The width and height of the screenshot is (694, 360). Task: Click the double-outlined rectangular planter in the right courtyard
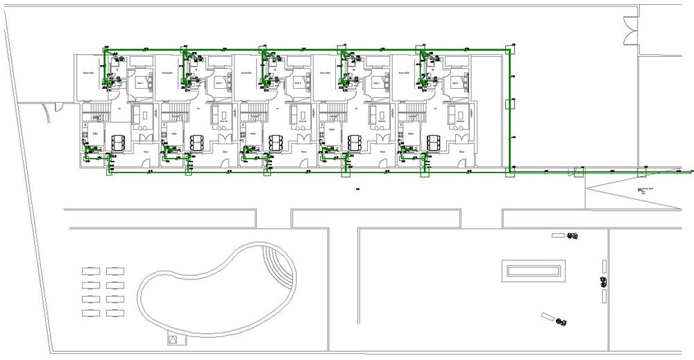534,270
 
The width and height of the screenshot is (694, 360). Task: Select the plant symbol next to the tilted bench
561,322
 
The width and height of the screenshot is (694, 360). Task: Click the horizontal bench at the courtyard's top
558,236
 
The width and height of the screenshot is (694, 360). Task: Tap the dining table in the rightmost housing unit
435,142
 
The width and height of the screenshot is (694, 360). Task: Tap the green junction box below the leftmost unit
110,171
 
